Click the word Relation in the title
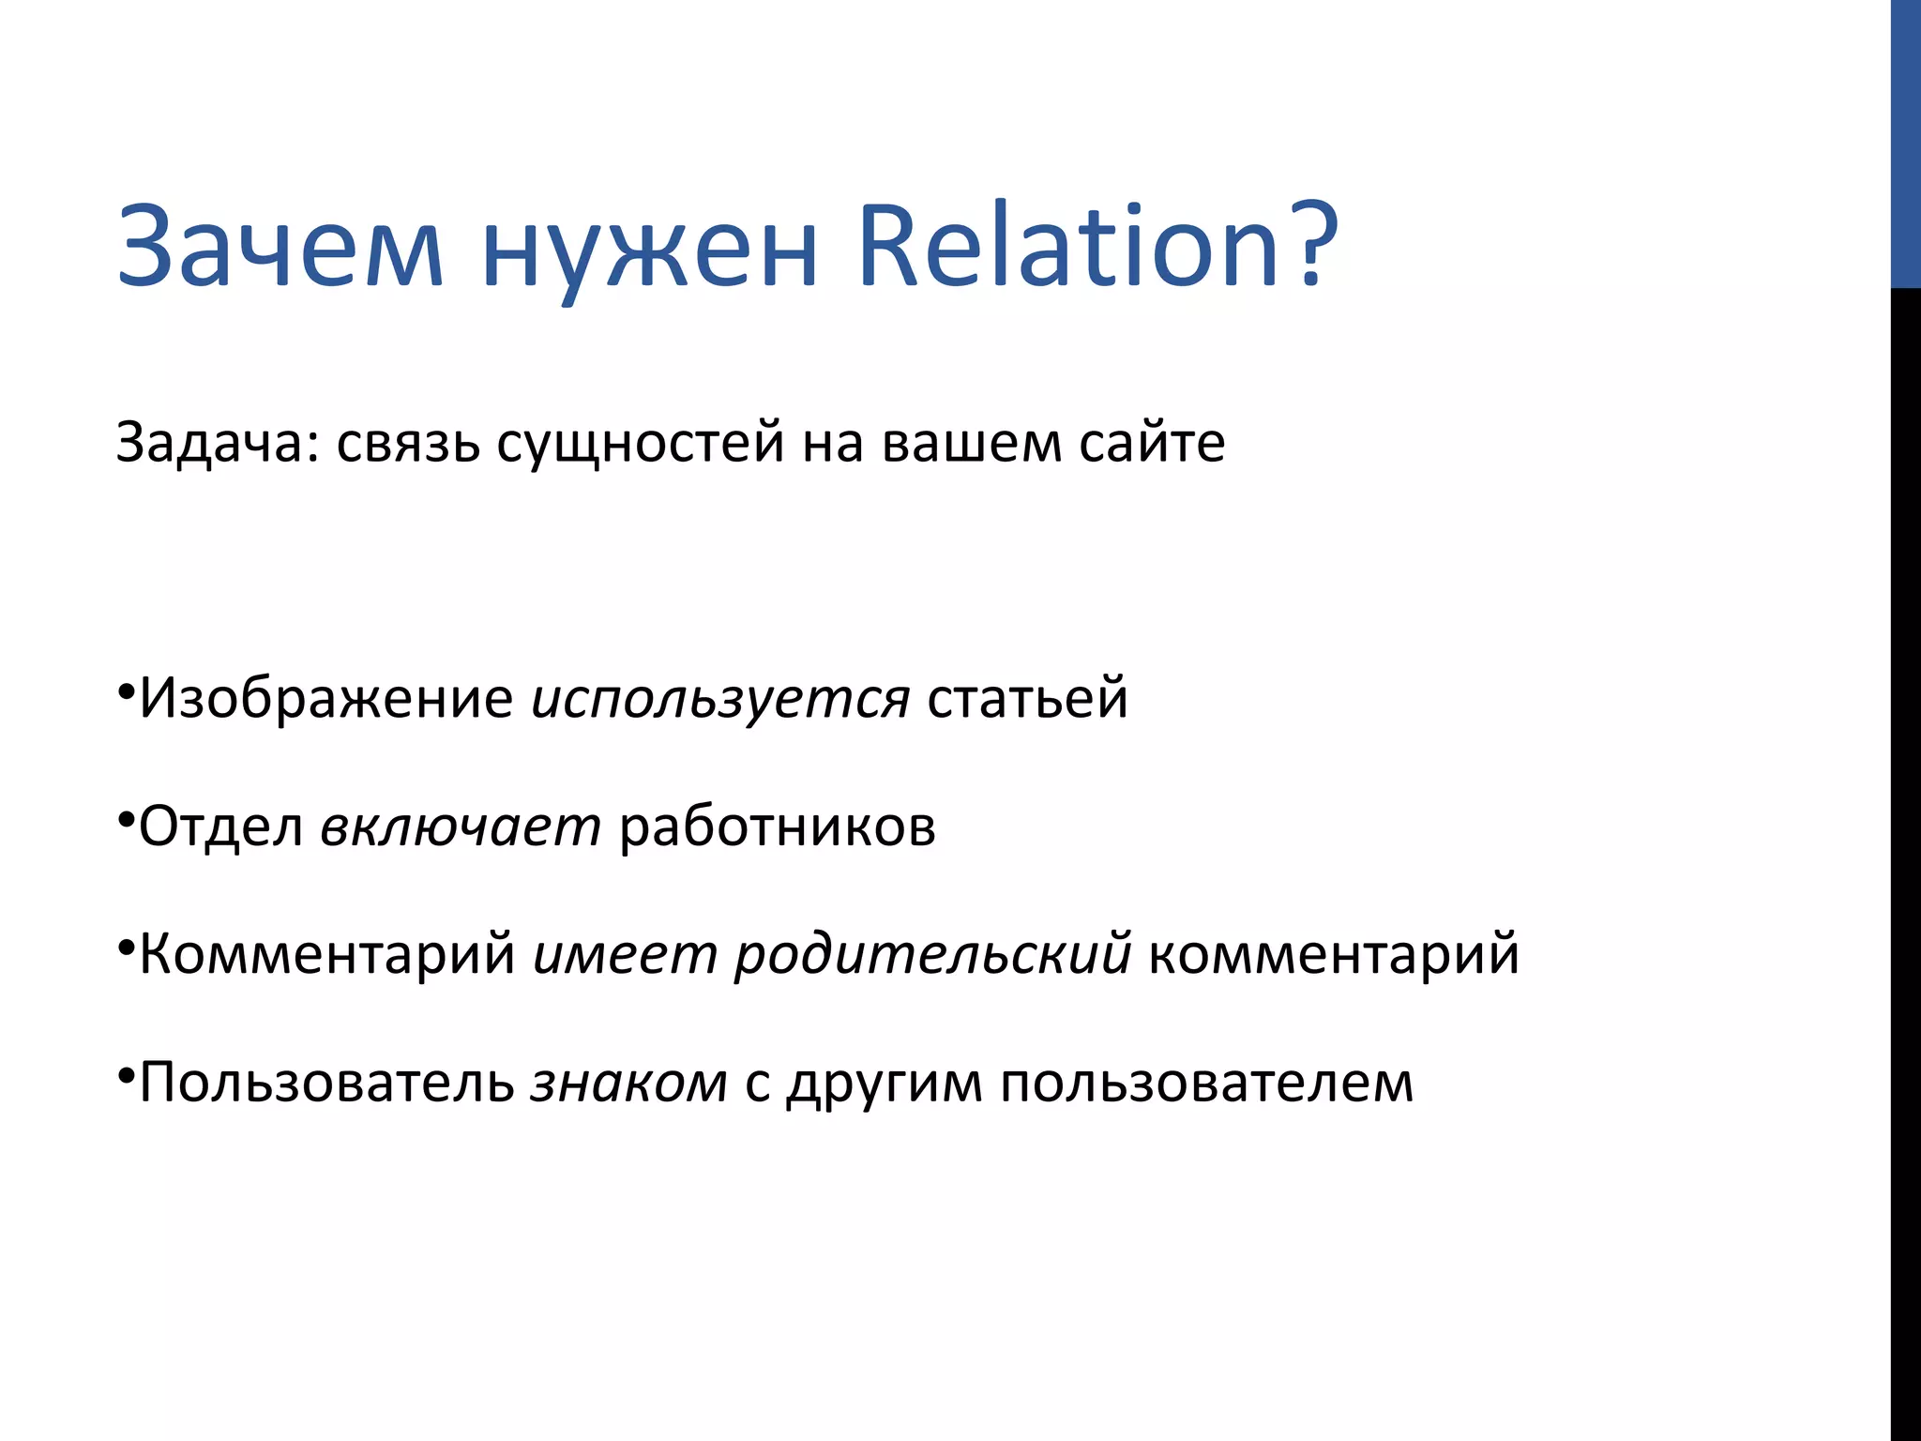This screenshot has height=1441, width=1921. point(1070,246)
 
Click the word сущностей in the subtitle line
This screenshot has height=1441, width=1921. point(640,443)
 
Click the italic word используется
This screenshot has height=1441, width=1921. point(720,699)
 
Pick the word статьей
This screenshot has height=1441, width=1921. point(1027,699)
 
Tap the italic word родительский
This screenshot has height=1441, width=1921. point(932,955)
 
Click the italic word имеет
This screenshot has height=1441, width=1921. point(624,955)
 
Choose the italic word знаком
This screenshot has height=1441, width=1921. point(628,1083)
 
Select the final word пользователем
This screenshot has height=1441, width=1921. point(1206,1083)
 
